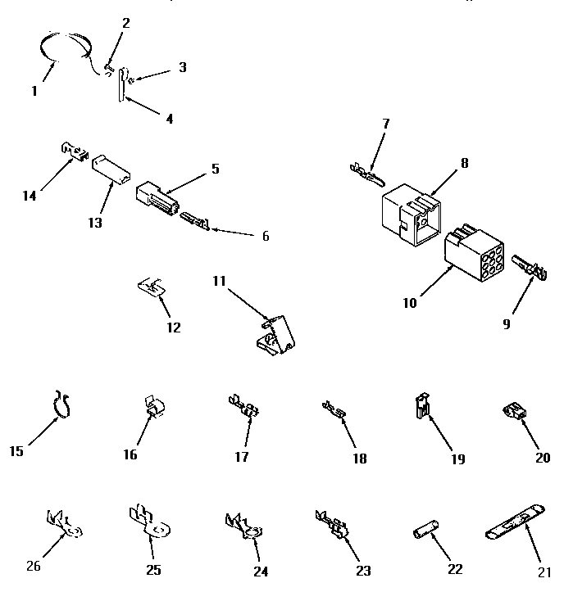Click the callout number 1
34,91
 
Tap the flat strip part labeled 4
121,84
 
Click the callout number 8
464,163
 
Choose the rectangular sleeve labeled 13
109,167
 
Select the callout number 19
457,459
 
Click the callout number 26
32,565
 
